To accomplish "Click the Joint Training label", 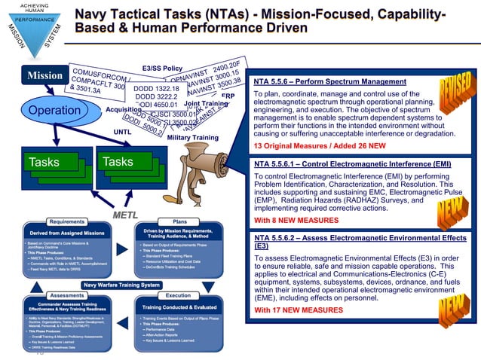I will (x=206, y=103).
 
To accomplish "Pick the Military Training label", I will (x=193, y=138).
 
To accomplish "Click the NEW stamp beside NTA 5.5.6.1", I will (x=455, y=197).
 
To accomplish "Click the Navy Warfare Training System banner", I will (x=121, y=285).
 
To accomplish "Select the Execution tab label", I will (x=178, y=296).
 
